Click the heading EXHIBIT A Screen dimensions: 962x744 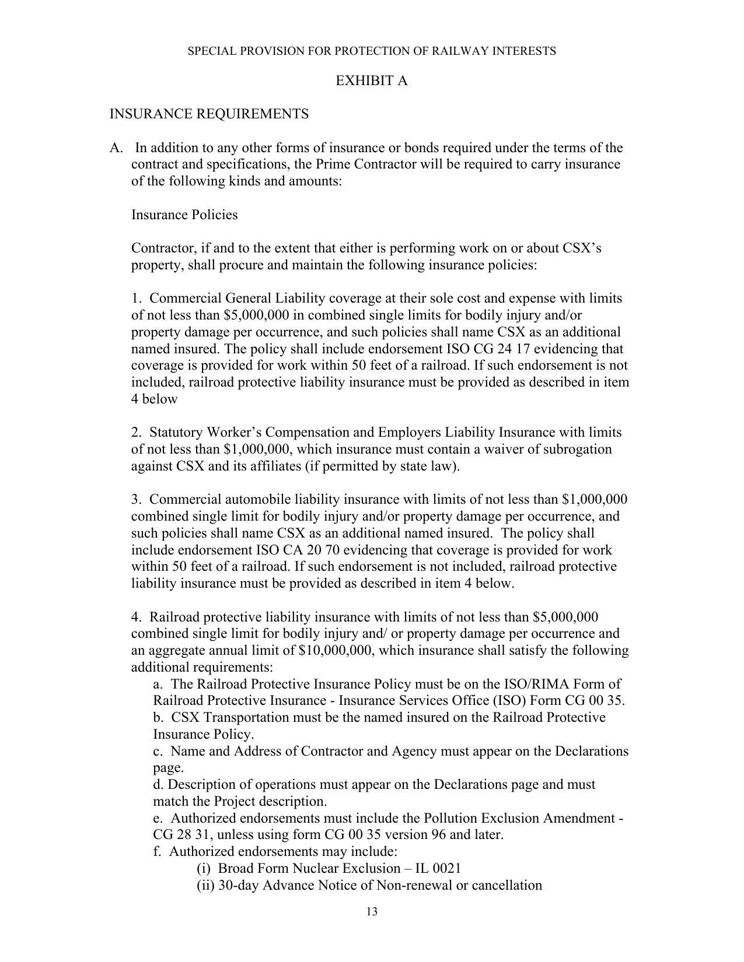[371, 81]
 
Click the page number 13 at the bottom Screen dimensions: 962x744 [372, 912]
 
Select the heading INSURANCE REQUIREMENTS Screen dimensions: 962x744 [209, 114]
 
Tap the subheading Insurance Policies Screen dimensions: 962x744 [184, 215]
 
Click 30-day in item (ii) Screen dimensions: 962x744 [238, 886]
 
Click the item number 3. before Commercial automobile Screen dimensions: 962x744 [137, 500]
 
